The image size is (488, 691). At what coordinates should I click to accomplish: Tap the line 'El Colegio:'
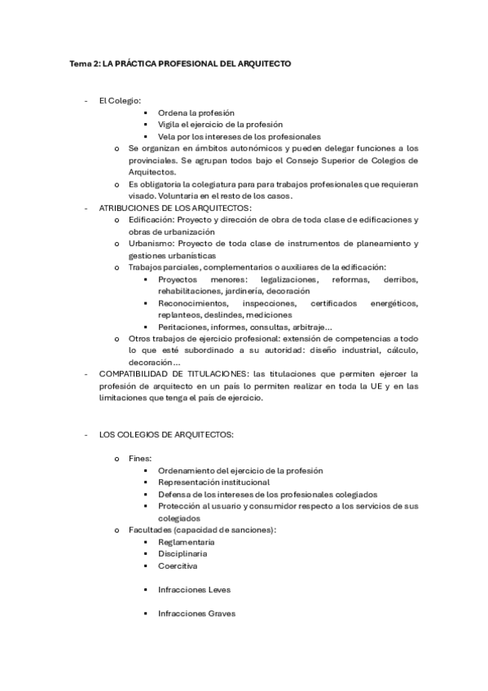(120, 100)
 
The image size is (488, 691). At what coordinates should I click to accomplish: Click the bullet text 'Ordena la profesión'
(196, 112)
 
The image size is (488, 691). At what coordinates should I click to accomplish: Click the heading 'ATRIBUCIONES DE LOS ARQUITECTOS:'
(164, 209)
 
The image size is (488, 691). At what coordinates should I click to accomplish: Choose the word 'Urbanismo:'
(151, 244)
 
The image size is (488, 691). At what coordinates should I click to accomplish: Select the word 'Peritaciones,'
(184, 327)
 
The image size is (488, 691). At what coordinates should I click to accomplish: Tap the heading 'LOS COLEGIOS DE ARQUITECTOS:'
(165, 434)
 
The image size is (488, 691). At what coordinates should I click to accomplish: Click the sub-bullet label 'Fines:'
(140, 459)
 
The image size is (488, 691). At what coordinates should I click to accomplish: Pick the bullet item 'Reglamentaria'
(187, 542)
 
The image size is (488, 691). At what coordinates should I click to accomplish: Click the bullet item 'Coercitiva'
(178, 566)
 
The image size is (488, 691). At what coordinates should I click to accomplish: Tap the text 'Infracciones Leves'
(195, 589)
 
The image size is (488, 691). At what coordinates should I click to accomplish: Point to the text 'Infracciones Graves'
(197, 614)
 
